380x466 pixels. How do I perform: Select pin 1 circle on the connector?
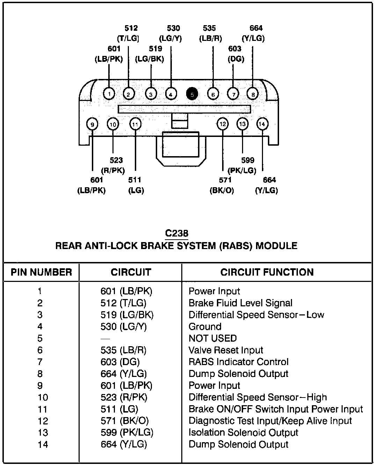click(x=109, y=94)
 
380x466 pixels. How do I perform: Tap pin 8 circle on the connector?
click(x=253, y=94)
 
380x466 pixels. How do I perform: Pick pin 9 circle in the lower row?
click(x=92, y=124)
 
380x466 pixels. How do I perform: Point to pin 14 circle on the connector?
click(x=262, y=124)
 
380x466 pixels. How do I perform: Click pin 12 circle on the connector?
click(x=222, y=124)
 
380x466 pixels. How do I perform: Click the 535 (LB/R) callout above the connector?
click(x=210, y=33)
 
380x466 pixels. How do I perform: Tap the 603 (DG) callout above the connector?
click(x=235, y=54)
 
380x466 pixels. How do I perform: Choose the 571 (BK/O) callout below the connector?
click(x=222, y=185)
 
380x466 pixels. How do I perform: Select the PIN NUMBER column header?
click(x=41, y=272)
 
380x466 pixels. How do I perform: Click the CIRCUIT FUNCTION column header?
click(x=267, y=272)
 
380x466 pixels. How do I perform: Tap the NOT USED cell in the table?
click(x=212, y=338)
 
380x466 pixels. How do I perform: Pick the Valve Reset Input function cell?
click(x=226, y=350)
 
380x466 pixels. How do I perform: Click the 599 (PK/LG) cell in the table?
click(x=127, y=432)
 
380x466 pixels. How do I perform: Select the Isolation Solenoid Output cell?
click(x=243, y=432)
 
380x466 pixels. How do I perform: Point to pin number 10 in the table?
click(x=43, y=398)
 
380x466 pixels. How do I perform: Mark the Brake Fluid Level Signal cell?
click(x=240, y=303)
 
